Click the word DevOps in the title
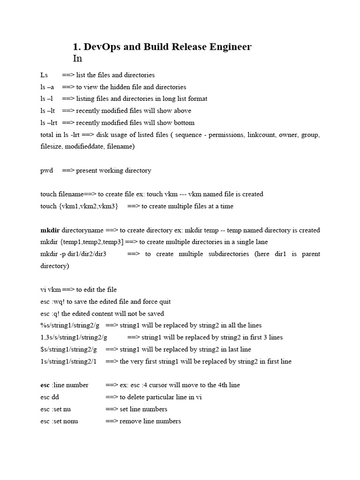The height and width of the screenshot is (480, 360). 101,47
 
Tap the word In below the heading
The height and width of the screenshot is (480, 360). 77,59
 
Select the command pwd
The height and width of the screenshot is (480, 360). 47,171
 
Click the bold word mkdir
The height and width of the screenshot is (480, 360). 50,230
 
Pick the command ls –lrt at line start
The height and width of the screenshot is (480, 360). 49,123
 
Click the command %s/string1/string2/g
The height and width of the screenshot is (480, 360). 70,325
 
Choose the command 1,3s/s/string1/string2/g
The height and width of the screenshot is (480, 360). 74,337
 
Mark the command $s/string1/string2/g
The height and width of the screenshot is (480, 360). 69,350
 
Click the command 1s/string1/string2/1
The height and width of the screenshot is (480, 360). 68,361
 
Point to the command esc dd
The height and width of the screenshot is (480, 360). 50,397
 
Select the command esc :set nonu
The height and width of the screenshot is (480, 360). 60,421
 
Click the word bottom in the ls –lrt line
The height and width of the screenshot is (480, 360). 184,123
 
